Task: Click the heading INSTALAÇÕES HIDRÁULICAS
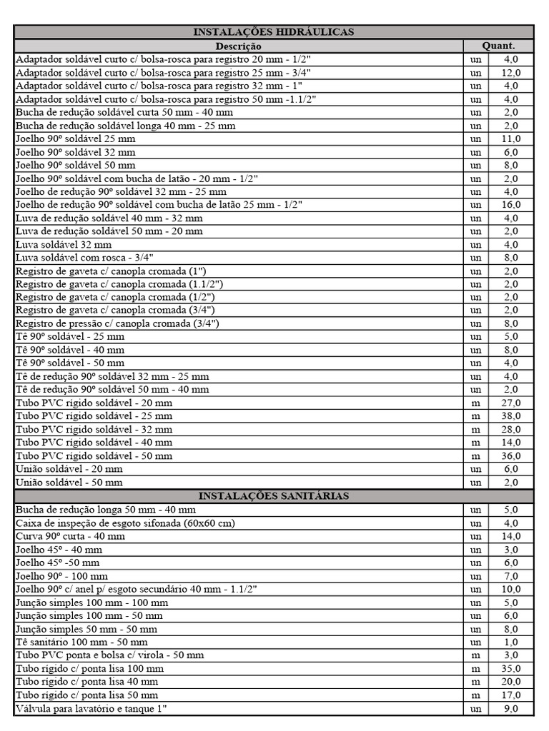[x=274, y=32]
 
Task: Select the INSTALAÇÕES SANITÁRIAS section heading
[x=274, y=496]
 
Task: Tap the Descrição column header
[x=238, y=46]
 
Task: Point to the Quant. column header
[x=498, y=46]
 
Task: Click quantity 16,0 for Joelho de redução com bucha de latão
[x=511, y=205]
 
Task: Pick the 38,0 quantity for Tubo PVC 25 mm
[x=511, y=416]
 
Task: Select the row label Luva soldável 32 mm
[x=64, y=244]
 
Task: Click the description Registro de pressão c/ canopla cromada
[x=117, y=323]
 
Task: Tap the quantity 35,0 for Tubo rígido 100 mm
[x=511, y=669]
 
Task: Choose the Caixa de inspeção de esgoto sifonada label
[x=125, y=523]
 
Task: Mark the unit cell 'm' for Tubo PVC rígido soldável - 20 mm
[x=475, y=403]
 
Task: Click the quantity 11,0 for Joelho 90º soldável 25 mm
[x=511, y=138]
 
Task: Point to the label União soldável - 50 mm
[x=69, y=483]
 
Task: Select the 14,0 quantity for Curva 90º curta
[x=511, y=536]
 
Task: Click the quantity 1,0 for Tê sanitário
[x=511, y=642]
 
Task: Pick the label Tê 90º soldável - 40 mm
[x=70, y=350]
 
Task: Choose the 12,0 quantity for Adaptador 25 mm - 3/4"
[x=511, y=73]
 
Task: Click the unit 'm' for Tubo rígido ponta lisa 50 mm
[x=475, y=695]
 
